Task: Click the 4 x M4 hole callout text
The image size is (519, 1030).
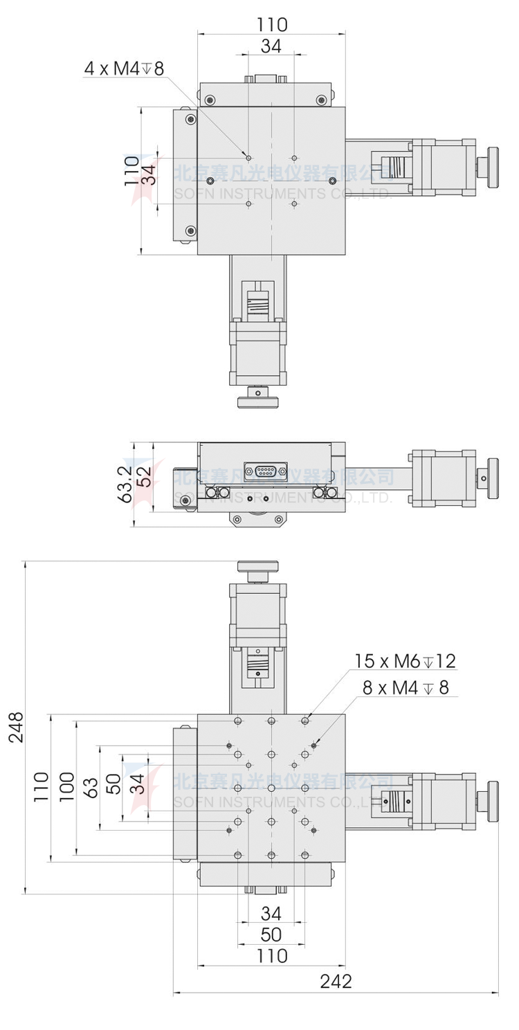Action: (123, 68)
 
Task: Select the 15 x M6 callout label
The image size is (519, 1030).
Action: (406, 660)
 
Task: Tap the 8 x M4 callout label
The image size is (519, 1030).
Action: (406, 687)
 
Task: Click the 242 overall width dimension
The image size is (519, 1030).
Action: (336, 981)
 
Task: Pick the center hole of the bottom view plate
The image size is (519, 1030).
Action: (272, 788)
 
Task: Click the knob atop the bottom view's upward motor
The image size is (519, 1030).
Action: (257, 568)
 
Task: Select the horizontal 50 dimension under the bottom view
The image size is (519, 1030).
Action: (271, 934)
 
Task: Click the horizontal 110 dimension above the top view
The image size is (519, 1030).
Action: (271, 25)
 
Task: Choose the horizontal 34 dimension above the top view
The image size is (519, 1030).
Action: (271, 46)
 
